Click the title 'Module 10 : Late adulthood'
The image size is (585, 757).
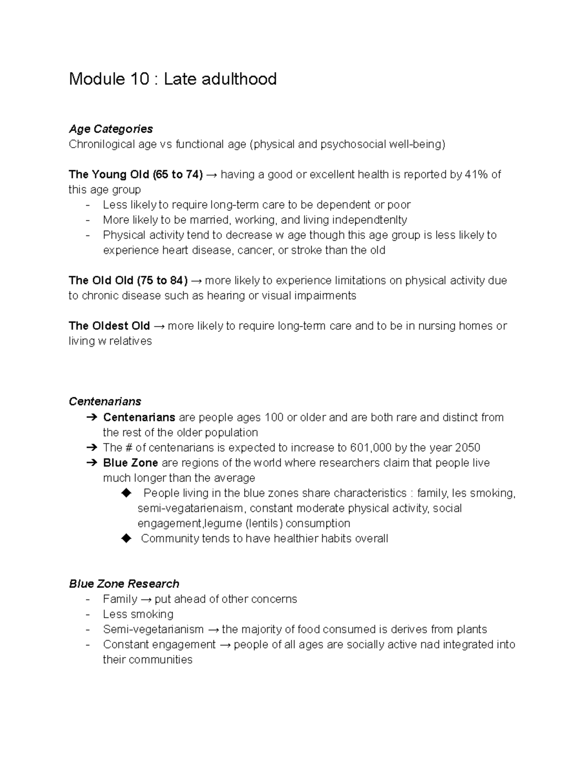[x=173, y=79]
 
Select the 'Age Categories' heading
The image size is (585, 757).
[x=111, y=129]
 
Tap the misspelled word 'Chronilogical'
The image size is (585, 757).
[x=102, y=144]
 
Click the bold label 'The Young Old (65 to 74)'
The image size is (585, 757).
[x=136, y=175]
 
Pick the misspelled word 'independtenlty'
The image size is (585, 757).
[x=370, y=220]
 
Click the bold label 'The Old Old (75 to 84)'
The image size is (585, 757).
[x=128, y=280]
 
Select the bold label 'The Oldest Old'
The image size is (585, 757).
[x=109, y=326]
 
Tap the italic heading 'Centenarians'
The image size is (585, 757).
[x=105, y=402]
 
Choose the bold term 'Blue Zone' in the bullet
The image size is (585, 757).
[x=130, y=463]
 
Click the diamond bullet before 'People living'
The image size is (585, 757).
[x=126, y=493]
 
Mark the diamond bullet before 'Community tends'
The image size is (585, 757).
[x=126, y=539]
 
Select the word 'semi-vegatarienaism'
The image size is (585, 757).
[x=190, y=508]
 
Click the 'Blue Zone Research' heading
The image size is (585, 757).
[x=124, y=584]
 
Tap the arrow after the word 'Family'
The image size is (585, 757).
[x=146, y=599]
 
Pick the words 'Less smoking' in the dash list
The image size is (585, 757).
[x=138, y=614]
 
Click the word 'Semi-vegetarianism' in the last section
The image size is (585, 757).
[x=153, y=629]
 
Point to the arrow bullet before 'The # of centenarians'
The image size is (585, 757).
[x=91, y=447]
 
